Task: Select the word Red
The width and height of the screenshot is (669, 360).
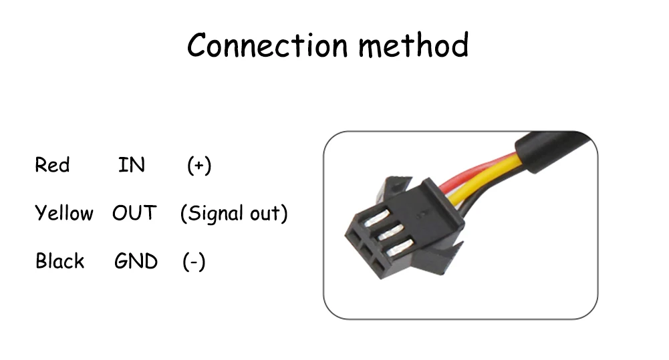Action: (x=52, y=164)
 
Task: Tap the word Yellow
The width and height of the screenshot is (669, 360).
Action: (x=63, y=214)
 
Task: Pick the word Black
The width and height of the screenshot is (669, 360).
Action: (x=60, y=261)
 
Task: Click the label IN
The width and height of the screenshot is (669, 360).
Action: (x=131, y=164)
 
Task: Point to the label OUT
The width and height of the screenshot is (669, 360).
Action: (x=134, y=214)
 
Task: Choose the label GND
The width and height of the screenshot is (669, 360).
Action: (x=136, y=261)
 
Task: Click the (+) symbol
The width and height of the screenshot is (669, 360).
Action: (x=199, y=165)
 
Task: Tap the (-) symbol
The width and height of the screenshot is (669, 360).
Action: (x=194, y=262)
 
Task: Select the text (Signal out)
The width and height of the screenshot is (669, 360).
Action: (x=234, y=214)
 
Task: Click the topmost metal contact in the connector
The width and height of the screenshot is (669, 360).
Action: (x=374, y=217)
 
